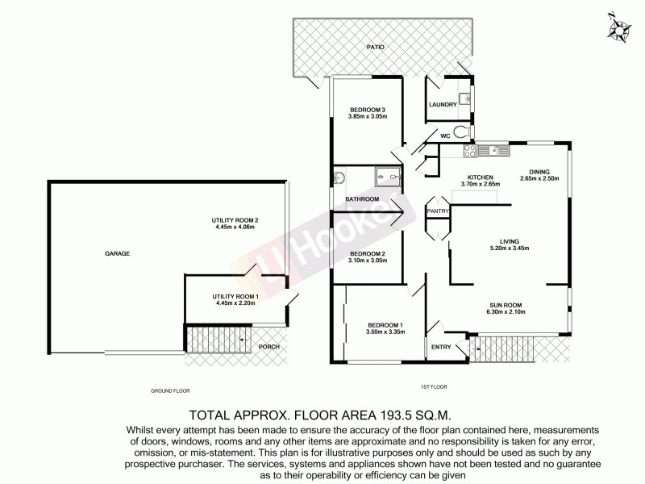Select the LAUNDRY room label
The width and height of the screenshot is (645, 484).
443,105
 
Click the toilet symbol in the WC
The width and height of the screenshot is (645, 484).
460,132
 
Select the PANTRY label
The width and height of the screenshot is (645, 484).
438,211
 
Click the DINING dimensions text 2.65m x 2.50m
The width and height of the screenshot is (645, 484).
539,178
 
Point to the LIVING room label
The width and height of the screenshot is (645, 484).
509,240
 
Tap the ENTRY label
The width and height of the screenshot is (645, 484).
441,348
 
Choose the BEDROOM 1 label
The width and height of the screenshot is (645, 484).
384,325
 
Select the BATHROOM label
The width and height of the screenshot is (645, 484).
362,199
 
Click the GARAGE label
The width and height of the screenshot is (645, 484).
117,253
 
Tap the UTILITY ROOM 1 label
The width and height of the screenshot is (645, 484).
234,296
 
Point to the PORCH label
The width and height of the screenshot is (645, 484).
268,347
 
